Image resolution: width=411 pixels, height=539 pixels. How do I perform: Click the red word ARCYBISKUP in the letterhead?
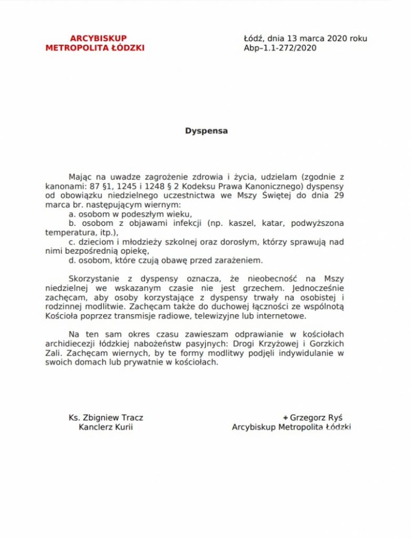tap(98, 38)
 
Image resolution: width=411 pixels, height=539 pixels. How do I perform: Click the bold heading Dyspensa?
tap(206, 131)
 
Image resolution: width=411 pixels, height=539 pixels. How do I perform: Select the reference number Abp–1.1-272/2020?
tap(280, 48)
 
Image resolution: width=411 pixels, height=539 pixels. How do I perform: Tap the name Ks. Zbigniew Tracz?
tap(106, 417)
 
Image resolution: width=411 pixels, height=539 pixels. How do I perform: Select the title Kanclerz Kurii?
tap(106, 427)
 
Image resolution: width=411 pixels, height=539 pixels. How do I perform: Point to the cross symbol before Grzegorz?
tap(286, 417)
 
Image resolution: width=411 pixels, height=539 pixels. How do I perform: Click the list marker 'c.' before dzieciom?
tap(72, 242)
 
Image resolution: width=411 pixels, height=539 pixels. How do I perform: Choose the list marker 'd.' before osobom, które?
tap(72, 261)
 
